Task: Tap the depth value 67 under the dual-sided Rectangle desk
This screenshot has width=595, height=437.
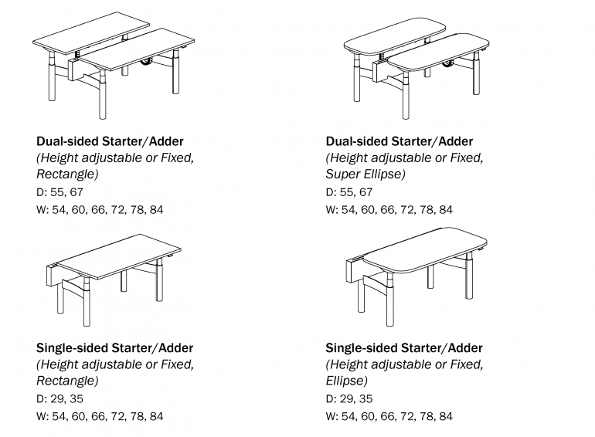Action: [x=76, y=192]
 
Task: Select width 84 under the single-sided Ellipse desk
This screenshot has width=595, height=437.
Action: [x=446, y=416]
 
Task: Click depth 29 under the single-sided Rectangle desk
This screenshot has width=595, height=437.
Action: [x=57, y=398]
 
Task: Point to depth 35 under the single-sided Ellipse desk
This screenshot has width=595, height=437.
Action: [x=365, y=398]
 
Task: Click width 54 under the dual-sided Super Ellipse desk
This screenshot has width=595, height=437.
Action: [x=349, y=209]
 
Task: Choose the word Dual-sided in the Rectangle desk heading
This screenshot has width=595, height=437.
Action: [x=68, y=141]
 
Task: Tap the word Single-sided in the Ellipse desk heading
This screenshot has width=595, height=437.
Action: [x=362, y=348]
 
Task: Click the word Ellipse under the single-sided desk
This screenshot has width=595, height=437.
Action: [x=346, y=381]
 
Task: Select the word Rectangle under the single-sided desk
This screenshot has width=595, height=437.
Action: [x=67, y=381]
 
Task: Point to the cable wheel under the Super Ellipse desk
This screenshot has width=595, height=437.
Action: [x=447, y=63]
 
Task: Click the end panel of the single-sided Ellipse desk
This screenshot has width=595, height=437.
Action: [x=352, y=271]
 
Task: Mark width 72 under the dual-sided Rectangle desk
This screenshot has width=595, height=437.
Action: [x=118, y=209]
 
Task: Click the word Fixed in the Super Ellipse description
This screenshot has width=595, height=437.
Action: [x=467, y=158]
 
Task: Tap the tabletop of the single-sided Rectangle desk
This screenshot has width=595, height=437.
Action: [x=118, y=256]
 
